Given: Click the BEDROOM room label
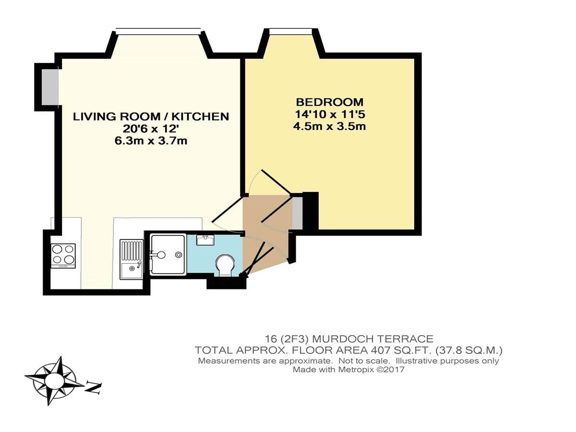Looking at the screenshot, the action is pyautogui.click(x=330, y=102).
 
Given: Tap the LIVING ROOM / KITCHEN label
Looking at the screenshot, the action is pyautogui.click(x=151, y=117).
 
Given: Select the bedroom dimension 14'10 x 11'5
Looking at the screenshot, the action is pyautogui.click(x=330, y=114).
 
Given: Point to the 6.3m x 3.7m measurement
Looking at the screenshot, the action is pyautogui.click(x=151, y=141).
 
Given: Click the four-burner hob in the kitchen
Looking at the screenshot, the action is pyautogui.click(x=63, y=256).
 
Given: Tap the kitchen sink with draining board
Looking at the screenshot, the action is pyautogui.click(x=132, y=259).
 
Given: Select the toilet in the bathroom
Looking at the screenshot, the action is pyautogui.click(x=225, y=264).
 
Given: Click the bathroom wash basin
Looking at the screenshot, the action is pyautogui.click(x=205, y=240).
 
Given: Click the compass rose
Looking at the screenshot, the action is pyautogui.click(x=55, y=381).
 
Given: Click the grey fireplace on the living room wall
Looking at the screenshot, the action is pyautogui.click(x=50, y=87).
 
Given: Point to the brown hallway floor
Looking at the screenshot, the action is pyautogui.click(x=265, y=231).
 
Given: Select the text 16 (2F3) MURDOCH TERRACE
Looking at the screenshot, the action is pyautogui.click(x=349, y=339).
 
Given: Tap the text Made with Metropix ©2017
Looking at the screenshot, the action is pyautogui.click(x=348, y=370).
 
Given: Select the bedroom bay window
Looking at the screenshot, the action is pyautogui.click(x=290, y=32).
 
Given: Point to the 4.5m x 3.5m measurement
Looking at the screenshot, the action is pyautogui.click(x=330, y=127).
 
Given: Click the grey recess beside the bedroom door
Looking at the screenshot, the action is pyautogui.click(x=297, y=213).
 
